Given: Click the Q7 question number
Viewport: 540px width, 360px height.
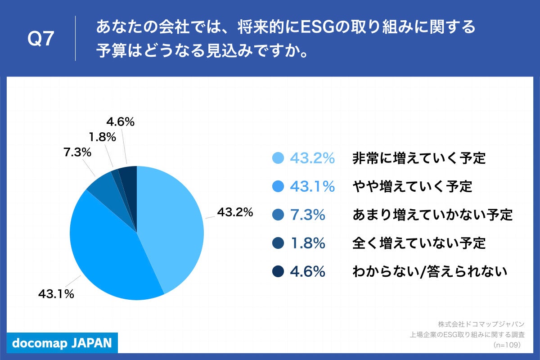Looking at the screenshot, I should (x=41, y=40).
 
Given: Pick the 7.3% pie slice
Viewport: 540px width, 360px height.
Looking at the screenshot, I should (x=105, y=187).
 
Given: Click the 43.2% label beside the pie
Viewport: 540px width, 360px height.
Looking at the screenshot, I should (x=235, y=212).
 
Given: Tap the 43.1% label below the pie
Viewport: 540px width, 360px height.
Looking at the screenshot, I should (x=56, y=294).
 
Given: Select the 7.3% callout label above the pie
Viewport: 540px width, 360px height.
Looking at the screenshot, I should (x=77, y=153).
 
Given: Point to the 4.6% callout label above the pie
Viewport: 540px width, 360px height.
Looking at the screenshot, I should (x=121, y=121).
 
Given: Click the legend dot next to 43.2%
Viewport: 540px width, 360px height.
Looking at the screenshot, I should (x=279, y=158).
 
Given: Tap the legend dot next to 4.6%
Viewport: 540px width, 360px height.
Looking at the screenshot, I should (x=279, y=272).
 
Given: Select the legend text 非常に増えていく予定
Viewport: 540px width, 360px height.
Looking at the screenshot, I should (x=419, y=158).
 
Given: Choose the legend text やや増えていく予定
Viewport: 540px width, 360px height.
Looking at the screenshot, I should (x=412, y=187).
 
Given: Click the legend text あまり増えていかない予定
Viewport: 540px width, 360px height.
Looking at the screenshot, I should (x=432, y=215).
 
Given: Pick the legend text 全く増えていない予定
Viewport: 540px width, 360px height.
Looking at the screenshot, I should (x=419, y=243).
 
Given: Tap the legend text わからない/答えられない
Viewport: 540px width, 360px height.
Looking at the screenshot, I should (x=430, y=272).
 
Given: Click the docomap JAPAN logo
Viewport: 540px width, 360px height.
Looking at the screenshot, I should (x=62, y=343).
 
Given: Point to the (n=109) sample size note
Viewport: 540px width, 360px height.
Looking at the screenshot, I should (x=507, y=345).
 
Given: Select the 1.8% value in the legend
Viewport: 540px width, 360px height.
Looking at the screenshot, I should (x=307, y=243).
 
